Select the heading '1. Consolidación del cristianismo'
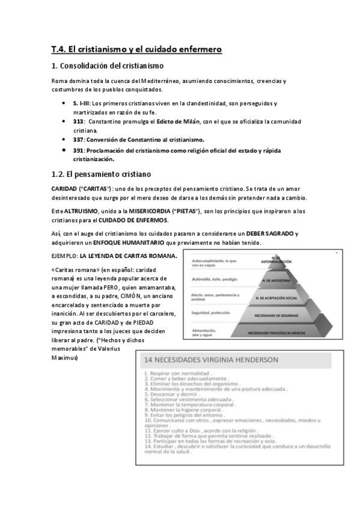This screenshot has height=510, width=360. coord(108,66)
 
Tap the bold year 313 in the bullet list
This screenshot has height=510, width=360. coord(78,121)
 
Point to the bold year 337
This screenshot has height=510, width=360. coord(78,140)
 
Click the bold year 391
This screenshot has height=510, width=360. coord(78,150)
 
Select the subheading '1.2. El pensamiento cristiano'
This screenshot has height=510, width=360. coord(101,174)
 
